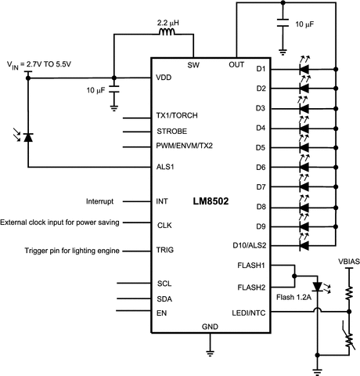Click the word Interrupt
[x=101, y=201]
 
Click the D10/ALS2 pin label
[x=250, y=246]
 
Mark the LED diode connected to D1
[x=304, y=70]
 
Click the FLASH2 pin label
[x=253, y=287]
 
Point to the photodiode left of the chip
[x=29, y=137]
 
